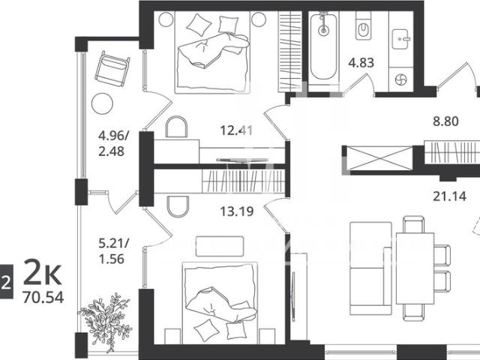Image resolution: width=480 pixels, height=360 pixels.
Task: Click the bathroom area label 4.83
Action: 361,63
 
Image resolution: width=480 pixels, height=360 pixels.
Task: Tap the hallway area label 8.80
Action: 445,121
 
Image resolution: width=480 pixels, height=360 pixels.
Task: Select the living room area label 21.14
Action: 450,196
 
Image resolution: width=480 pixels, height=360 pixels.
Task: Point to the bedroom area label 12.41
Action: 237,130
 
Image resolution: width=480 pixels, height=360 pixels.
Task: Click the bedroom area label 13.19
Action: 237,211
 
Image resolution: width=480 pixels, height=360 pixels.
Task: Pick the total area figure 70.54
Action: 43,297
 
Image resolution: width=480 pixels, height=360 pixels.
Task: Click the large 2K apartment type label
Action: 43,272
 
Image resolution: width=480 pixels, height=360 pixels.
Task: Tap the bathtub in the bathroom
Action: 323,46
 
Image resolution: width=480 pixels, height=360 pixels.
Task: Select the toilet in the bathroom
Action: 363,28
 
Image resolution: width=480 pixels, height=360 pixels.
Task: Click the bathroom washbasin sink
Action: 400,39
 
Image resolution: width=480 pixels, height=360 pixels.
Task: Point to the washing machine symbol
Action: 400,80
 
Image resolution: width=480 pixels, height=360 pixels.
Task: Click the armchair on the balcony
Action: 112,69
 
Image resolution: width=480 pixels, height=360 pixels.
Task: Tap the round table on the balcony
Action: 102,103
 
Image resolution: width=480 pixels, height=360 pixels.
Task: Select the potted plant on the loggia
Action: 106,322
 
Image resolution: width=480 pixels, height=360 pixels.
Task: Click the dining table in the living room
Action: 415,268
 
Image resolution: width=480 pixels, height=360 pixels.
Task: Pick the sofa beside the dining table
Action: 370,268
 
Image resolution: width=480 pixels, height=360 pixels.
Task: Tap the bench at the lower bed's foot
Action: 220,246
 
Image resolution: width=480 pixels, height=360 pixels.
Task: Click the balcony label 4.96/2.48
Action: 113,143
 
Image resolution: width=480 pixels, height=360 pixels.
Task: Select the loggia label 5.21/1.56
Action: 113,251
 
